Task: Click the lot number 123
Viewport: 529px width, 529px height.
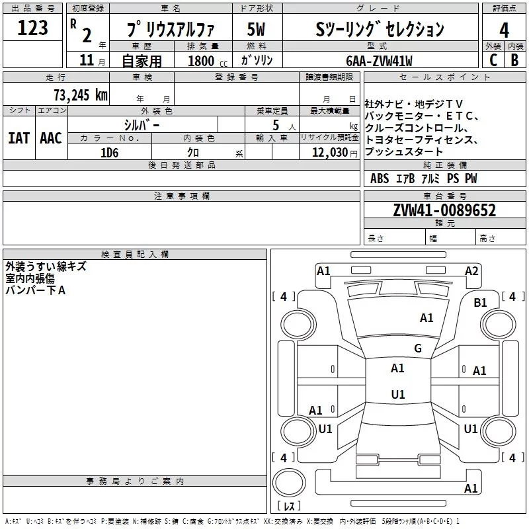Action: point(32,28)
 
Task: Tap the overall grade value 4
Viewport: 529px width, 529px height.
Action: point(504,30)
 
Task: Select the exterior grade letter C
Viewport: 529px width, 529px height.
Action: point(493,60)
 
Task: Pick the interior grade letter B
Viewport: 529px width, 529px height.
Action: point(514,60)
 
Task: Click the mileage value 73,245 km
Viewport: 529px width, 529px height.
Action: point(81,95)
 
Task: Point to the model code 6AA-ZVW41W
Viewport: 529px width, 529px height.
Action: point(379,61)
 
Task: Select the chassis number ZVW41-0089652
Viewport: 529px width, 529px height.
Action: point(444,210)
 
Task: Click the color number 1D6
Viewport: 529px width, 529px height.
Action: point(110,153)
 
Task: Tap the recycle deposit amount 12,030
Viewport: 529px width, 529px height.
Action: point(330,153)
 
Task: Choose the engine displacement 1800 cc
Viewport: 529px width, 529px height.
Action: point(208,61)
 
